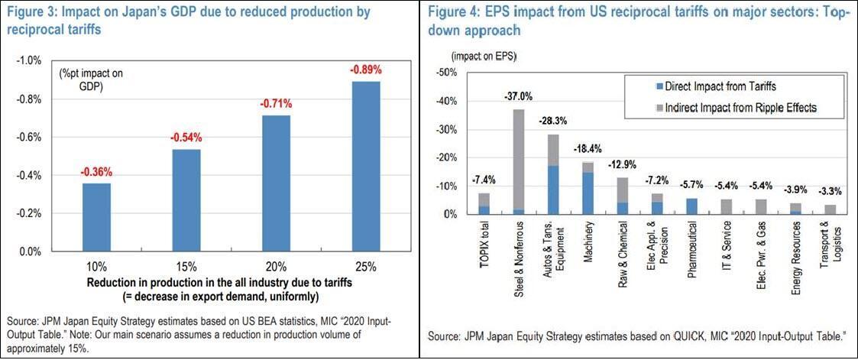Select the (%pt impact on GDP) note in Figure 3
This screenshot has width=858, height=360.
click(x=91, y=79)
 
